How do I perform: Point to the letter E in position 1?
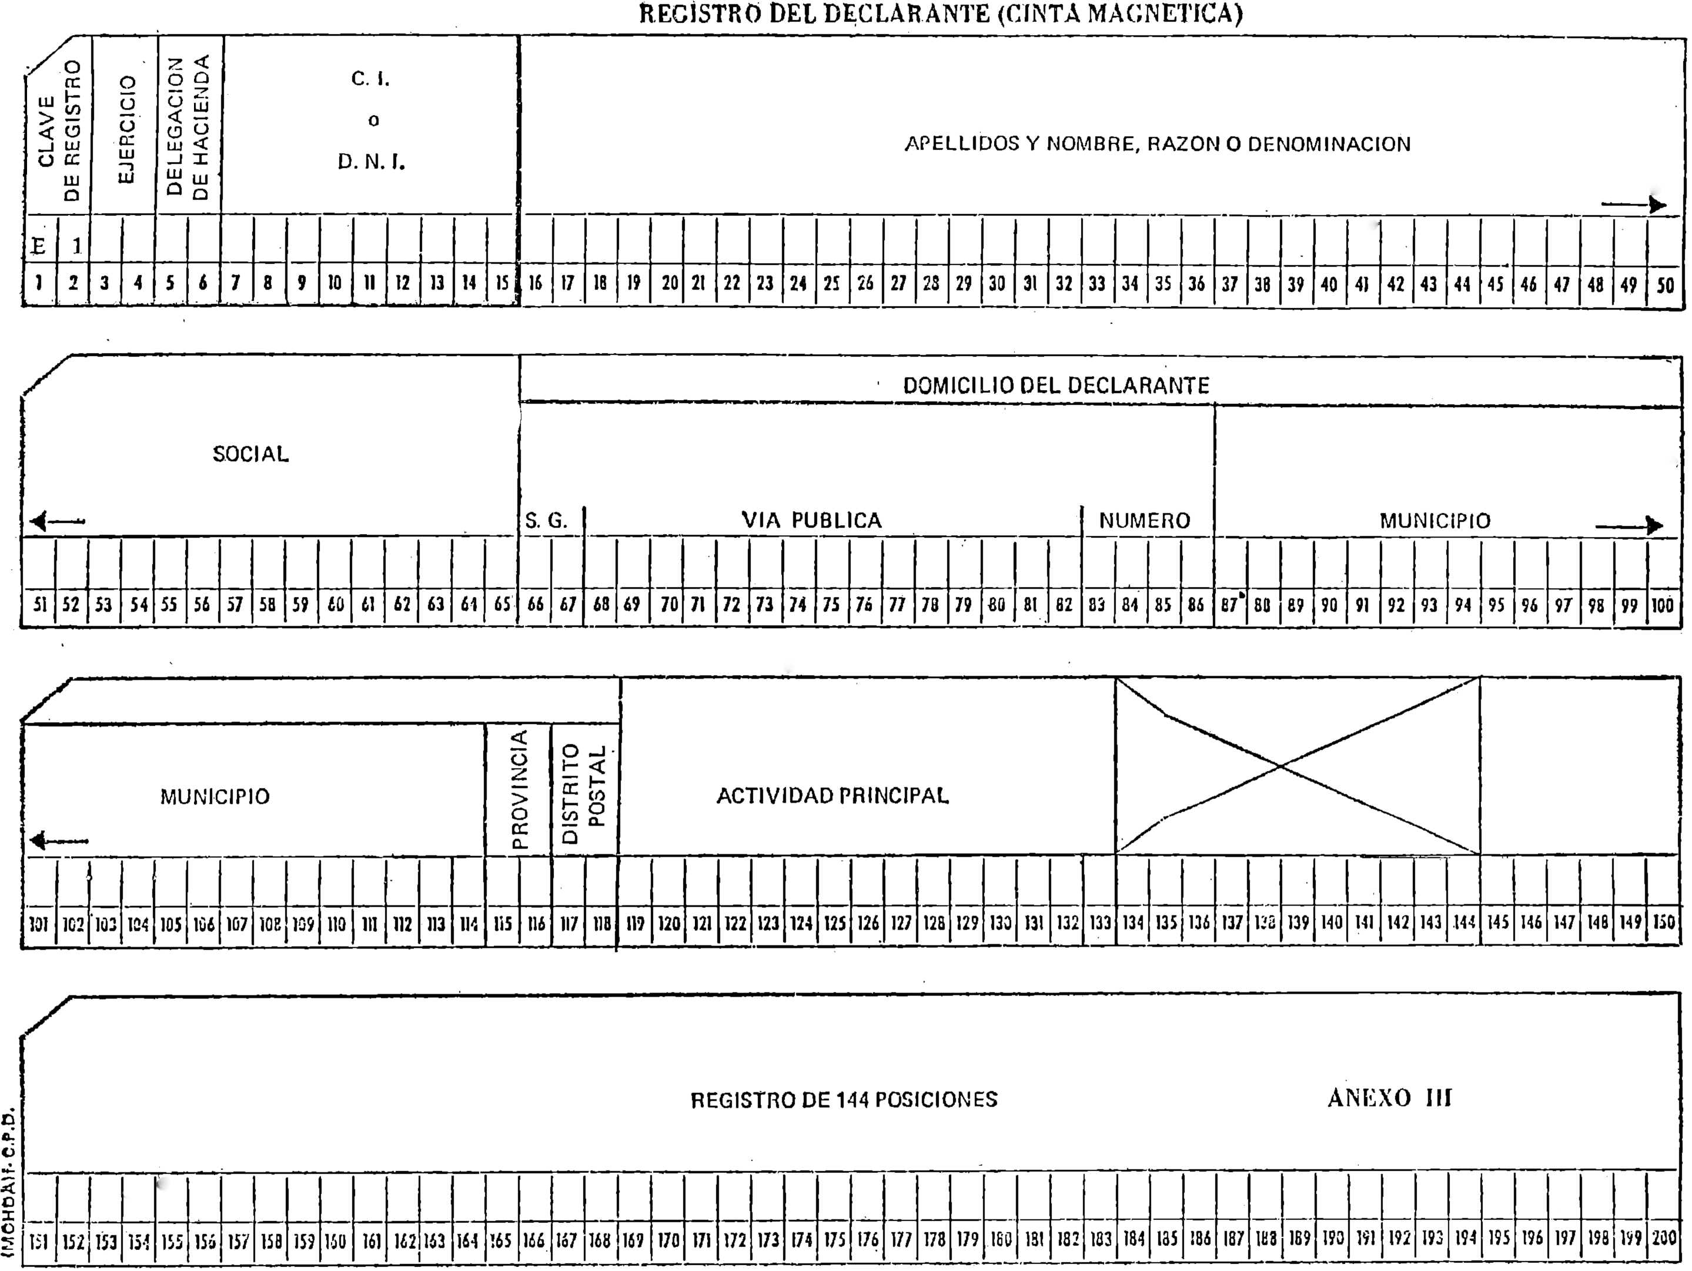[38, 246]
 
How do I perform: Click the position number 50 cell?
[1664, 285]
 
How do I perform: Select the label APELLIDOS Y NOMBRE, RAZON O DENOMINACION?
[1158, 144]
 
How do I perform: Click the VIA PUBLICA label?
[811, 521]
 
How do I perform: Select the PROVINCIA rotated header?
[519, 789]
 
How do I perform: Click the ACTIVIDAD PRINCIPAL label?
[832, 796]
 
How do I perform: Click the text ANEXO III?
[1390, 1098]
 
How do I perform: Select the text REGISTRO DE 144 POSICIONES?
[844, 1099]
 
